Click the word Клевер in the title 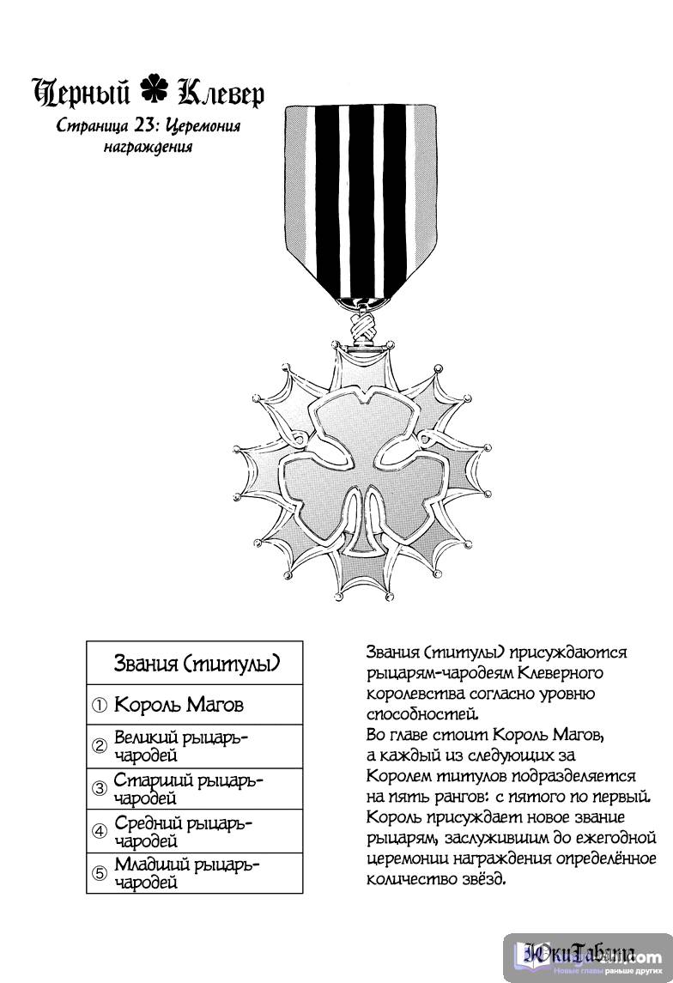pos(218,93)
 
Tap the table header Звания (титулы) pos(196,664)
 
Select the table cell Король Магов pos(179,705)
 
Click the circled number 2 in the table pos(100,746)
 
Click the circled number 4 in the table pos(100,831)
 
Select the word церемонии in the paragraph pos(406,858)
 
